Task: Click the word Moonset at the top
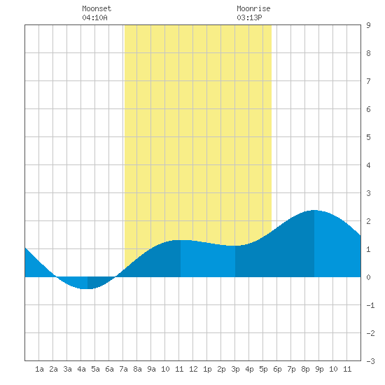tap(97, 8)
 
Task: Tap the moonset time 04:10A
tap(94, 17)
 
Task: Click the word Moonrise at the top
tap(253, 8)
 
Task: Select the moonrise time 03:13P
tap(249, 17)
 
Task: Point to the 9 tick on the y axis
tap(368, 25)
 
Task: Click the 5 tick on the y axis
tap(368, 137)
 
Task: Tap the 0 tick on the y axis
tap(368, 277)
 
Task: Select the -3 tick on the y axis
tap(370, 361)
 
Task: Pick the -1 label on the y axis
tap(370, 305)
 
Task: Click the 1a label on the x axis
tap(39, 369)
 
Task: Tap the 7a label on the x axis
tap(123, 369)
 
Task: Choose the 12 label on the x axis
tap(193, 369)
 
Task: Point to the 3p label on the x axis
tap(235, 369)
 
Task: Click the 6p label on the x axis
tap(277, 369)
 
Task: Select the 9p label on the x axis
tap(319, 369)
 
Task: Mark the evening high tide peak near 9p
tap(314, 211)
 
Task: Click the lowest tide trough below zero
tap(87, 288)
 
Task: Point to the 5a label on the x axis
tap(95, 369)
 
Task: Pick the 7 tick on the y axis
tap(368, 81)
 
